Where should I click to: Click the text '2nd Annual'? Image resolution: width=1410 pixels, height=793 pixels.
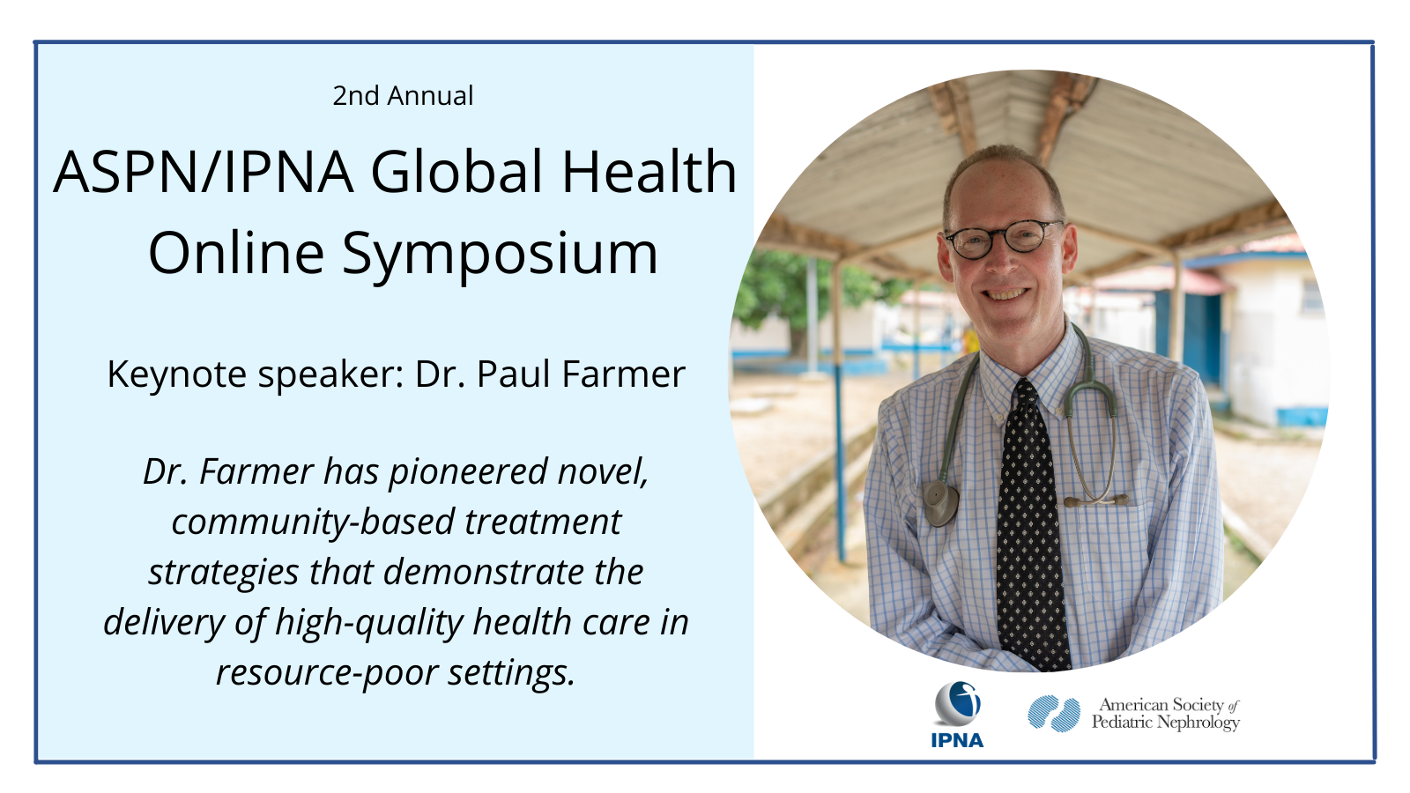click(403, 96)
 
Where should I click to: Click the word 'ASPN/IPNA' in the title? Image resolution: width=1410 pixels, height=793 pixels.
click(204, 172)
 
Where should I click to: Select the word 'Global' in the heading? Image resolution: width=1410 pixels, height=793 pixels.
click(457, 171)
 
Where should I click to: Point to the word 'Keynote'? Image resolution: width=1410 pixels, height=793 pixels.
click(177, 374)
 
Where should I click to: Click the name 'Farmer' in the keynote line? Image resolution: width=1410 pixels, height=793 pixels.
click(623, 374)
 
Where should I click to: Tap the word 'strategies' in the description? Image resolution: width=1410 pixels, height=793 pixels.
click(224, 573)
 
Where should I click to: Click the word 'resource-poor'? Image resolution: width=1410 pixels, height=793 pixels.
click(327, 673)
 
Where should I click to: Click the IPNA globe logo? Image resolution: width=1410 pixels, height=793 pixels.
click(957, 703)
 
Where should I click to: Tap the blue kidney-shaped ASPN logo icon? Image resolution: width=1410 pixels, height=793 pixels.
click(1054, 713)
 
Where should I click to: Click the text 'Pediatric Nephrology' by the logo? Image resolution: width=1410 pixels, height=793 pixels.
click(1165, 722)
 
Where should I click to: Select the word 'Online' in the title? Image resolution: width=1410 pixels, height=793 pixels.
click(236, 253)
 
